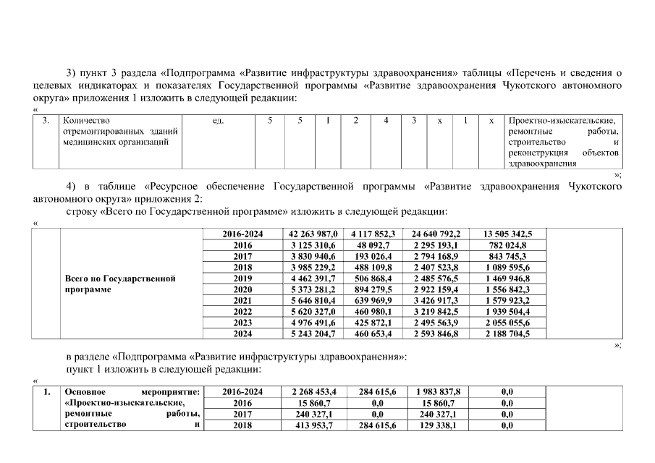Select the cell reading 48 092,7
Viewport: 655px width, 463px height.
[375, 245]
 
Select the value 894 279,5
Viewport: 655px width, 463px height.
[375, 289]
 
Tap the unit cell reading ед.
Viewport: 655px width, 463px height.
[219, 121]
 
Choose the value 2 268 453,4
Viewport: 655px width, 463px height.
[313, 391]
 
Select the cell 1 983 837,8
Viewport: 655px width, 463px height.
[436, 391]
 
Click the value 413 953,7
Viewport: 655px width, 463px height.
[313, 425]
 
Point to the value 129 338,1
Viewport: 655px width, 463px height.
[436, 425]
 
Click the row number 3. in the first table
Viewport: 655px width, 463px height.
[46, 121]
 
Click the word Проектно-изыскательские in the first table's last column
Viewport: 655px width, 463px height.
[562, 121]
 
